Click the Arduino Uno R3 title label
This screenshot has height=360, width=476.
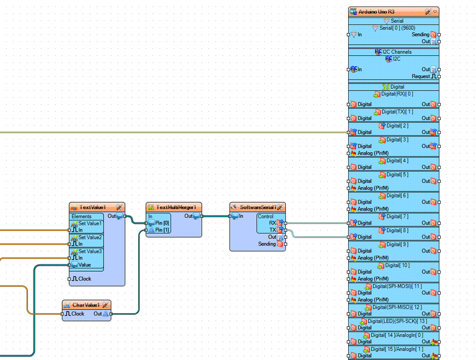tap(377, 12)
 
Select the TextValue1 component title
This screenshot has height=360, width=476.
tap(93, 207)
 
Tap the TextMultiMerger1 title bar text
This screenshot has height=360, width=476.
tap(176, 207)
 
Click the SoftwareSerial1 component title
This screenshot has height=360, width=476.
tap(258, 207)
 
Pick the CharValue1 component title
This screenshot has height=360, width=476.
tap(86, 305)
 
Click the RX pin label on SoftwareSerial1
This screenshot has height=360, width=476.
tap(272, 223)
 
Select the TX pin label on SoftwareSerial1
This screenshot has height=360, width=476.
tap(272, 230)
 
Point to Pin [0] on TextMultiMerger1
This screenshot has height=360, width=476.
tap(162, 223)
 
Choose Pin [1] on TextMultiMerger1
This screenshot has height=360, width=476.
tap(162, 230)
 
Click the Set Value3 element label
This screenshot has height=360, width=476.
tap(90, 251)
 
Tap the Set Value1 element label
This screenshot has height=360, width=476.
tap(90, 223)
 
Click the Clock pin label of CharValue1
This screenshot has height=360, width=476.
tap(78, 313)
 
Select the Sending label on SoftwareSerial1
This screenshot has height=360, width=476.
tap(267, 244)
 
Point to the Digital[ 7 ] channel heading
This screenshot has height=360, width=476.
tap(397, 217)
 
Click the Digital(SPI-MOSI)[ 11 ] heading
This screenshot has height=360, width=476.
tap(397, 286)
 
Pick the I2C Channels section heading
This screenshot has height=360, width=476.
tap(397, 52)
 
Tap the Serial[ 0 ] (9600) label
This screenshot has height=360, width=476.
tap(397, 28)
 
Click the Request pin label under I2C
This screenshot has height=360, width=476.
tap(421, 77)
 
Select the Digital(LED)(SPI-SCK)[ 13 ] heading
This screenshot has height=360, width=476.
tap(397, 321)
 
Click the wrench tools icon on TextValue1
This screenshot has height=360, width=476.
tap(119, 207)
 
